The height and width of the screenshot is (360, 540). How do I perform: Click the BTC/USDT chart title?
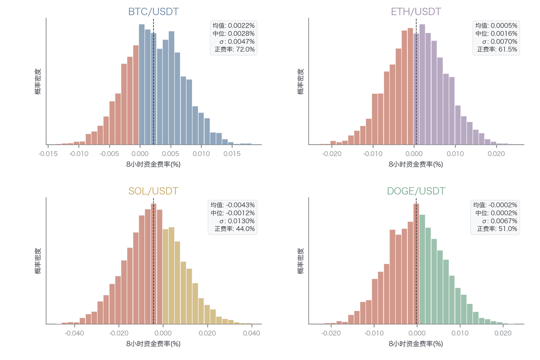[x=153, y=11]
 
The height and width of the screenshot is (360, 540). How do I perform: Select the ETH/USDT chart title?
[x=416, y=11]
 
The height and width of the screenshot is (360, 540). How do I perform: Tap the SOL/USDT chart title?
[x=153, y=191]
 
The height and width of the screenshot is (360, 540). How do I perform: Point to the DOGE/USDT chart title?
[x=416, y=191]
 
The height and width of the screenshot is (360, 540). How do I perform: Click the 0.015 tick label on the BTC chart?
[x=232, y=154]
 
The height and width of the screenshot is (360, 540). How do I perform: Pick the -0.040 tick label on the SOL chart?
[x=74, y=333]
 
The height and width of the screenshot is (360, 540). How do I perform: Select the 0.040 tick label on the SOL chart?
[x=251, y=333]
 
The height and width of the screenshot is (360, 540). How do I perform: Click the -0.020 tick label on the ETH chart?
[x=332, y=154]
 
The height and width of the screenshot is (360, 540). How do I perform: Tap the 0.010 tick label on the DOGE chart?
[x=460, y=333]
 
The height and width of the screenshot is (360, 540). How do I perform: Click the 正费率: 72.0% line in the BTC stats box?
[x=235, y=49]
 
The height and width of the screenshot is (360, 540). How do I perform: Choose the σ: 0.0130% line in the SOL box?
[x=237, y=221]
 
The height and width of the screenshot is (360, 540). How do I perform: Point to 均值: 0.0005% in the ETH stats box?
[x=496, y=26]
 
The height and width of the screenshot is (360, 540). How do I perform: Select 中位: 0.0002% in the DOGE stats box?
[x=496, y=213]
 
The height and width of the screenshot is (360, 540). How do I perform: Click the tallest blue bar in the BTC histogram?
[x=142, y=84]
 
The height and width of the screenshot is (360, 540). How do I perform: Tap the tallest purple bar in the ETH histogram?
[x=422, y=84]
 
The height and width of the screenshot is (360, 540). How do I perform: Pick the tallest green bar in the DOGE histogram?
[x=422, y=269]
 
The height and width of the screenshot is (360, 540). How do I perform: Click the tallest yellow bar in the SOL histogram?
[x=171, y=276]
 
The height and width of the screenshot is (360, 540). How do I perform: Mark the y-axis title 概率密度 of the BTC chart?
[x=38, y=81]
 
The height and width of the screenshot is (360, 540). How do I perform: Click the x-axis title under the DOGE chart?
[x=416, y=344]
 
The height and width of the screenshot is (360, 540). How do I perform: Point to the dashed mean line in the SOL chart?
[x=154, y=261]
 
